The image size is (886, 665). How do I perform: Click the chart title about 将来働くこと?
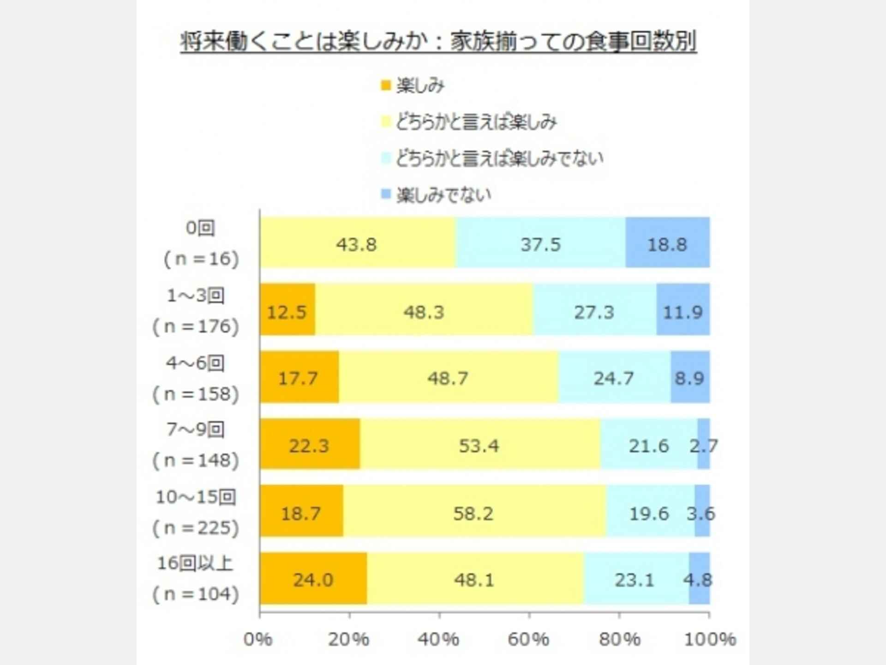(438, 42)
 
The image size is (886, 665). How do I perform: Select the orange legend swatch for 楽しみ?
(385, 85)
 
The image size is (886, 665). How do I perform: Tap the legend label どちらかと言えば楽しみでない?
(500, 158)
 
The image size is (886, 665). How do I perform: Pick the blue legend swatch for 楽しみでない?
(385, 194)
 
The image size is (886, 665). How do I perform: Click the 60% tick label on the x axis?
(528, 640)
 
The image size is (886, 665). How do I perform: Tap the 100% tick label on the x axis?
(710, 640)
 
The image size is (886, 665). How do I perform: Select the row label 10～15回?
(196, 497)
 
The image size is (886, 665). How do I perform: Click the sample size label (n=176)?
(196, 327)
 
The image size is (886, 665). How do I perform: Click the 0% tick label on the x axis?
(257, 640)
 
